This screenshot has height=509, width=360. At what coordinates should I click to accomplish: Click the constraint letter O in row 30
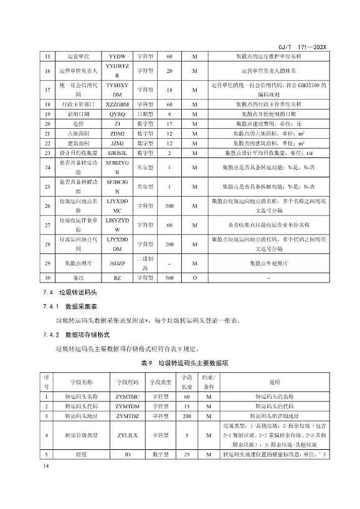(x=194, y=278)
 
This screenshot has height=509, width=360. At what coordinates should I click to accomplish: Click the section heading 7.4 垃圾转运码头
(x=72, y=291)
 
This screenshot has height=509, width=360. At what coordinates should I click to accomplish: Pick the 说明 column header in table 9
(x=274, y=381)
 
